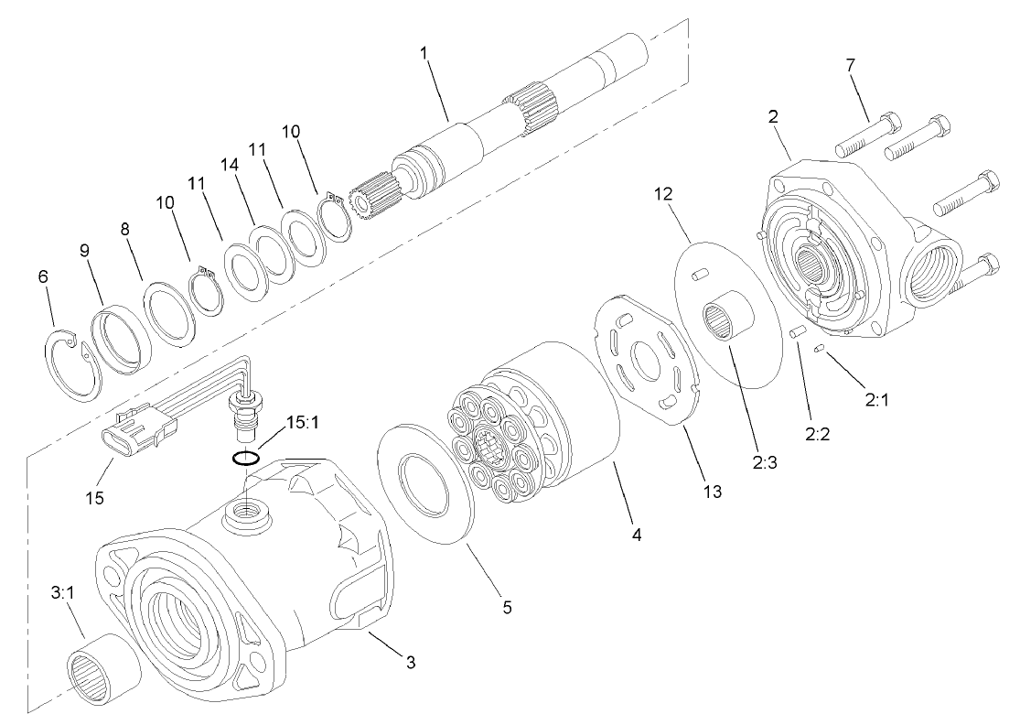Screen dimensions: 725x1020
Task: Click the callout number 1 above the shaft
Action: point(424,54)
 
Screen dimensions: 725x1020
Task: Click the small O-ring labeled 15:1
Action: point(244,458)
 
